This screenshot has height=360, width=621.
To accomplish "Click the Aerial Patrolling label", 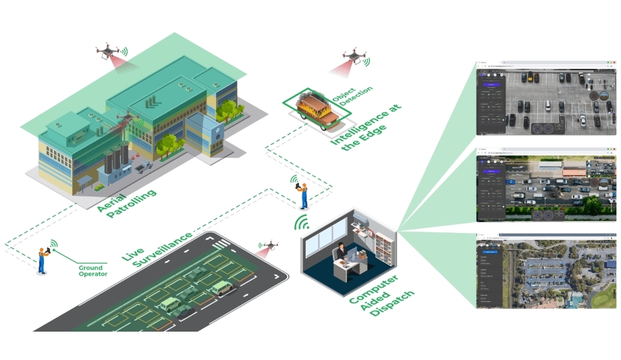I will (x=126, y=202).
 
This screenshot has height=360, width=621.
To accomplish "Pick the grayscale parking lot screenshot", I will (x=546, y=99).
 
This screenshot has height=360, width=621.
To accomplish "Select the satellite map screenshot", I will (x=546, y=272).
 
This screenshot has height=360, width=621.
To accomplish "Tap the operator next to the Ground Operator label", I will (x=43, y=261).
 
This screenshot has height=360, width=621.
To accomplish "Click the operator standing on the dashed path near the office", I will (x=304, y=195).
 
